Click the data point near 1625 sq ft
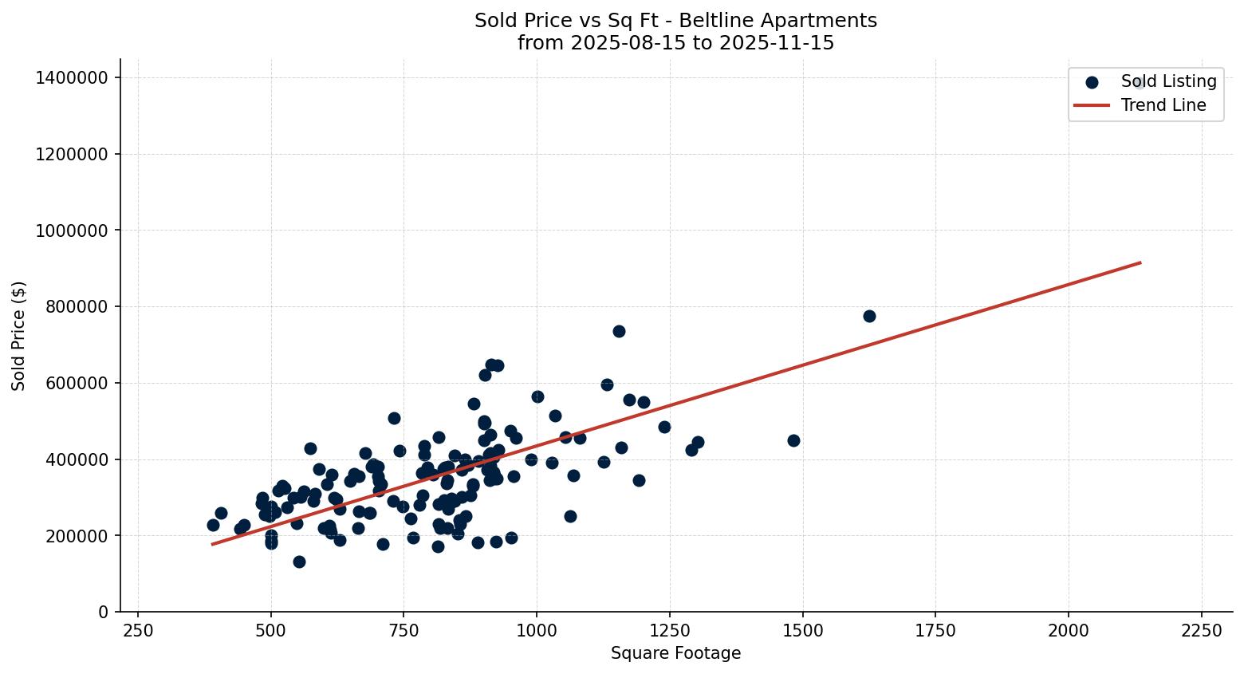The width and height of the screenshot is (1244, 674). [x=869, y=316]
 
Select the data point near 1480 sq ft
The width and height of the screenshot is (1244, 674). [x=793, y=440]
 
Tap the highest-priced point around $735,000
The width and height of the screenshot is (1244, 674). [x=619, y=331]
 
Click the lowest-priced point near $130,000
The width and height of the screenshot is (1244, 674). [x=299, y=562]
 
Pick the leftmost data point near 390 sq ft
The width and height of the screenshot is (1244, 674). [x=213, y=525]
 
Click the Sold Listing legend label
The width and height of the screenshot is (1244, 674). [x=1168, y=81]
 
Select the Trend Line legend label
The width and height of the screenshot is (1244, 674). [x=1163, y=105]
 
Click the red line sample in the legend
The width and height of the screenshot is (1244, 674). [x=1092, y=105]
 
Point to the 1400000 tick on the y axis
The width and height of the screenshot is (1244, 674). [x=72, y=77]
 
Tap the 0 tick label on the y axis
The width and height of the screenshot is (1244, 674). [x=103, y=612]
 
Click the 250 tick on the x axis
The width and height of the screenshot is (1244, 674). [x=138, y=631]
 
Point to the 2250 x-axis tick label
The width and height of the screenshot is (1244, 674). [x=1201, y=631]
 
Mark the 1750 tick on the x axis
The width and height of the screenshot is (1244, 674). [x=935, y=631]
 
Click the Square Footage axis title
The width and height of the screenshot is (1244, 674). [x=675, y=654]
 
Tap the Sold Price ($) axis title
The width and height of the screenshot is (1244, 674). [x=19, y=335]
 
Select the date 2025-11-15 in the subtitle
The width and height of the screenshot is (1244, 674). [x=777, y=43]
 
